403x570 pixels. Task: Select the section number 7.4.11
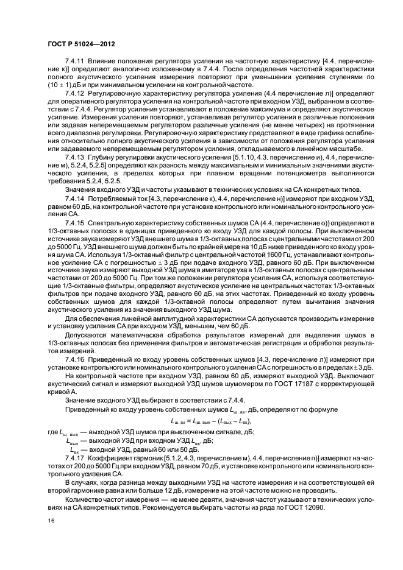(74, 62)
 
